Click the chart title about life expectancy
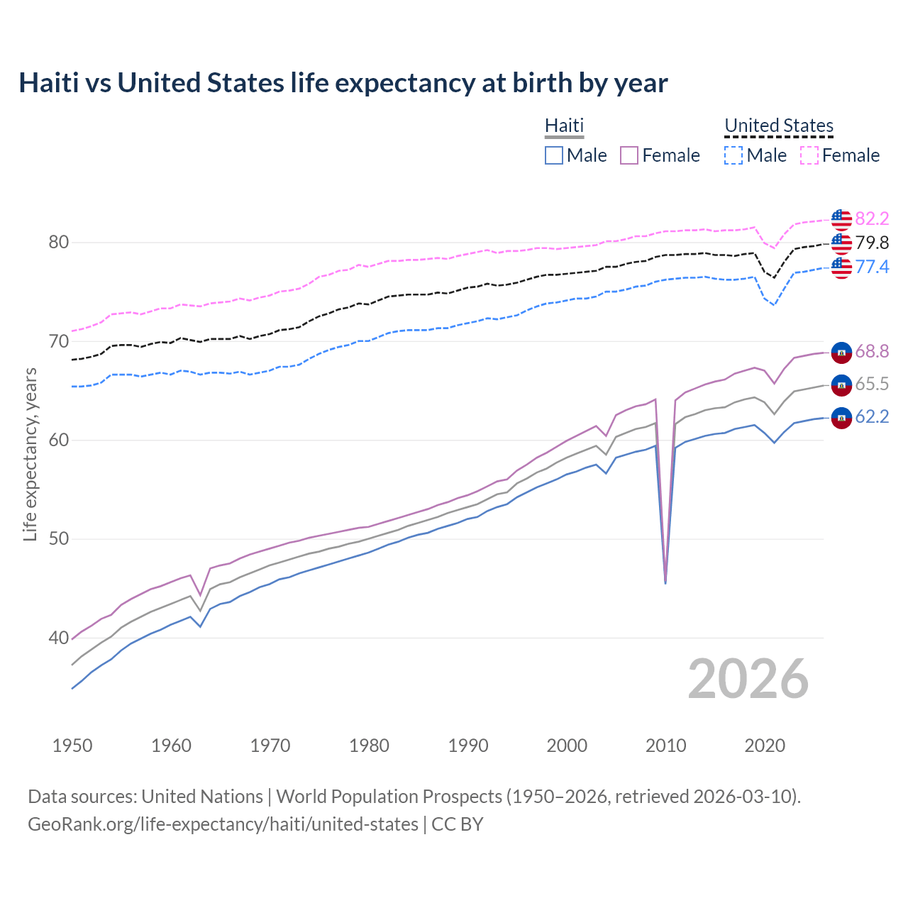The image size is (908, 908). (343, 83)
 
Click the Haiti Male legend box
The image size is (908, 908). (554, 155)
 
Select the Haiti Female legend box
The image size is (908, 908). (629, 155)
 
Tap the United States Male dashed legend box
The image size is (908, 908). (733, 155)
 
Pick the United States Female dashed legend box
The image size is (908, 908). (809, 155)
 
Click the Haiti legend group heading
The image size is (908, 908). (564, 126)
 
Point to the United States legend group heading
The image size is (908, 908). (778, 126)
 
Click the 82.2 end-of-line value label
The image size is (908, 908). (872, 218)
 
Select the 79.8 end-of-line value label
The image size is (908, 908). (872, 243)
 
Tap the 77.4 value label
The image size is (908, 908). (872, 267)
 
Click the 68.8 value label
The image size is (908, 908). (872, 351)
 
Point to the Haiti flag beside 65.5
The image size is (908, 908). (841, 384)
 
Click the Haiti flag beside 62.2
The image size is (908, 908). (841, 418)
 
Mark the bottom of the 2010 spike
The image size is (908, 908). (665, 582)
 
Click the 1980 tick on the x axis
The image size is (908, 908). (369, 746)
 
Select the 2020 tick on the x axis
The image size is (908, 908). (765, 746)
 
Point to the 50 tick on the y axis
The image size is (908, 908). (58, 539)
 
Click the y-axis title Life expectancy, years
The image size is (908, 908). (30, 454)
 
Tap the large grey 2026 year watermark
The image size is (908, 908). (748, 679)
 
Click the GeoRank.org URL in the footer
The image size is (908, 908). (223, 824)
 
